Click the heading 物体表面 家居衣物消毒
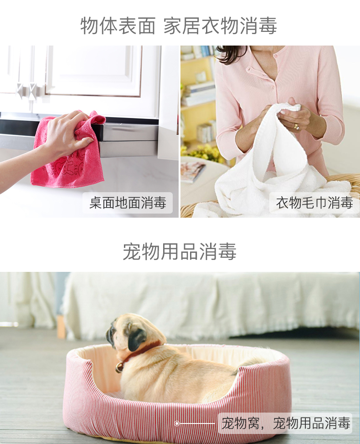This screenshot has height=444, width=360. (x=179, y=26)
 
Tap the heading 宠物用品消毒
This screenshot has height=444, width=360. (x=180, y=251)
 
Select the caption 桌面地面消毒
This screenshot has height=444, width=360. (x=128, y=203)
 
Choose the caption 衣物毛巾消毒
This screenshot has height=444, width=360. (x=314, y=203)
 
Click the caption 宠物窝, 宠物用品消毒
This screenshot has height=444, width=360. (x=286, y=423)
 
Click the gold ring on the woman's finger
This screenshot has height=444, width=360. (x=296, y=127)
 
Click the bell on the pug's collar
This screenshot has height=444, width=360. (x=119, y=367)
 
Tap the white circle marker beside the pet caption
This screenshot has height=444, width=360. (x=177, y=424)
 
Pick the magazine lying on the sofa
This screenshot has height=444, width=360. (x=193, y=171)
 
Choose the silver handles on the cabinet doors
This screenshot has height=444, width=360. (x=27, y=91)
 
